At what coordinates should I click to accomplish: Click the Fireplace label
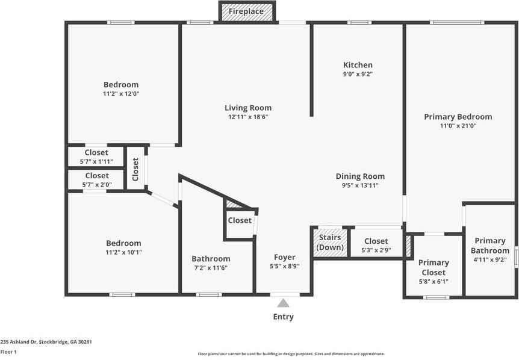click(246, 11)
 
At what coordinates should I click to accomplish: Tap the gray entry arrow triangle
click(283, 303)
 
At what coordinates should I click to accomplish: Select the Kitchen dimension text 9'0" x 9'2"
click(358, 74)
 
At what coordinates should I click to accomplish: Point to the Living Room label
click(248, 108)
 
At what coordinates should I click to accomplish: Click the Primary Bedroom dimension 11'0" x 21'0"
click(458, 126)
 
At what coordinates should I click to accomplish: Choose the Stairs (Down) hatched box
click(331, 243)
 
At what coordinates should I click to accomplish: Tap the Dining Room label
click(360, 176)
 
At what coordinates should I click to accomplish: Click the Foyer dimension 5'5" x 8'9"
click(285, 266)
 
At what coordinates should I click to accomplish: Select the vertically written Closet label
click(135, 169)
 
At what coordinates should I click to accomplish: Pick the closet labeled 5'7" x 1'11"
click(96, 157)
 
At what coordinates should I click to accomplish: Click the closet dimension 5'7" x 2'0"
click(97, 185)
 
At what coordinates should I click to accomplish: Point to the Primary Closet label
click(434, 267)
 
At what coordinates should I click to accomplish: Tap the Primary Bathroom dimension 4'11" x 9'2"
click(490, 259)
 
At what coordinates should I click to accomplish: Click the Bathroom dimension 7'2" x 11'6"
click(211, 268)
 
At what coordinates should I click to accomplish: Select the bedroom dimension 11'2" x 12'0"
click(121, 94)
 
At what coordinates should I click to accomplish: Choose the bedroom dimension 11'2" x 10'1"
click(124, 252)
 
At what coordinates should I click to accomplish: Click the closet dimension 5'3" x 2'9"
click(376, 250)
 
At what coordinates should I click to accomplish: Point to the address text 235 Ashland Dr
click(19, 342)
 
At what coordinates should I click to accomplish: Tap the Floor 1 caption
click(8, 352)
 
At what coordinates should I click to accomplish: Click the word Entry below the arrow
click(284, 317)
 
